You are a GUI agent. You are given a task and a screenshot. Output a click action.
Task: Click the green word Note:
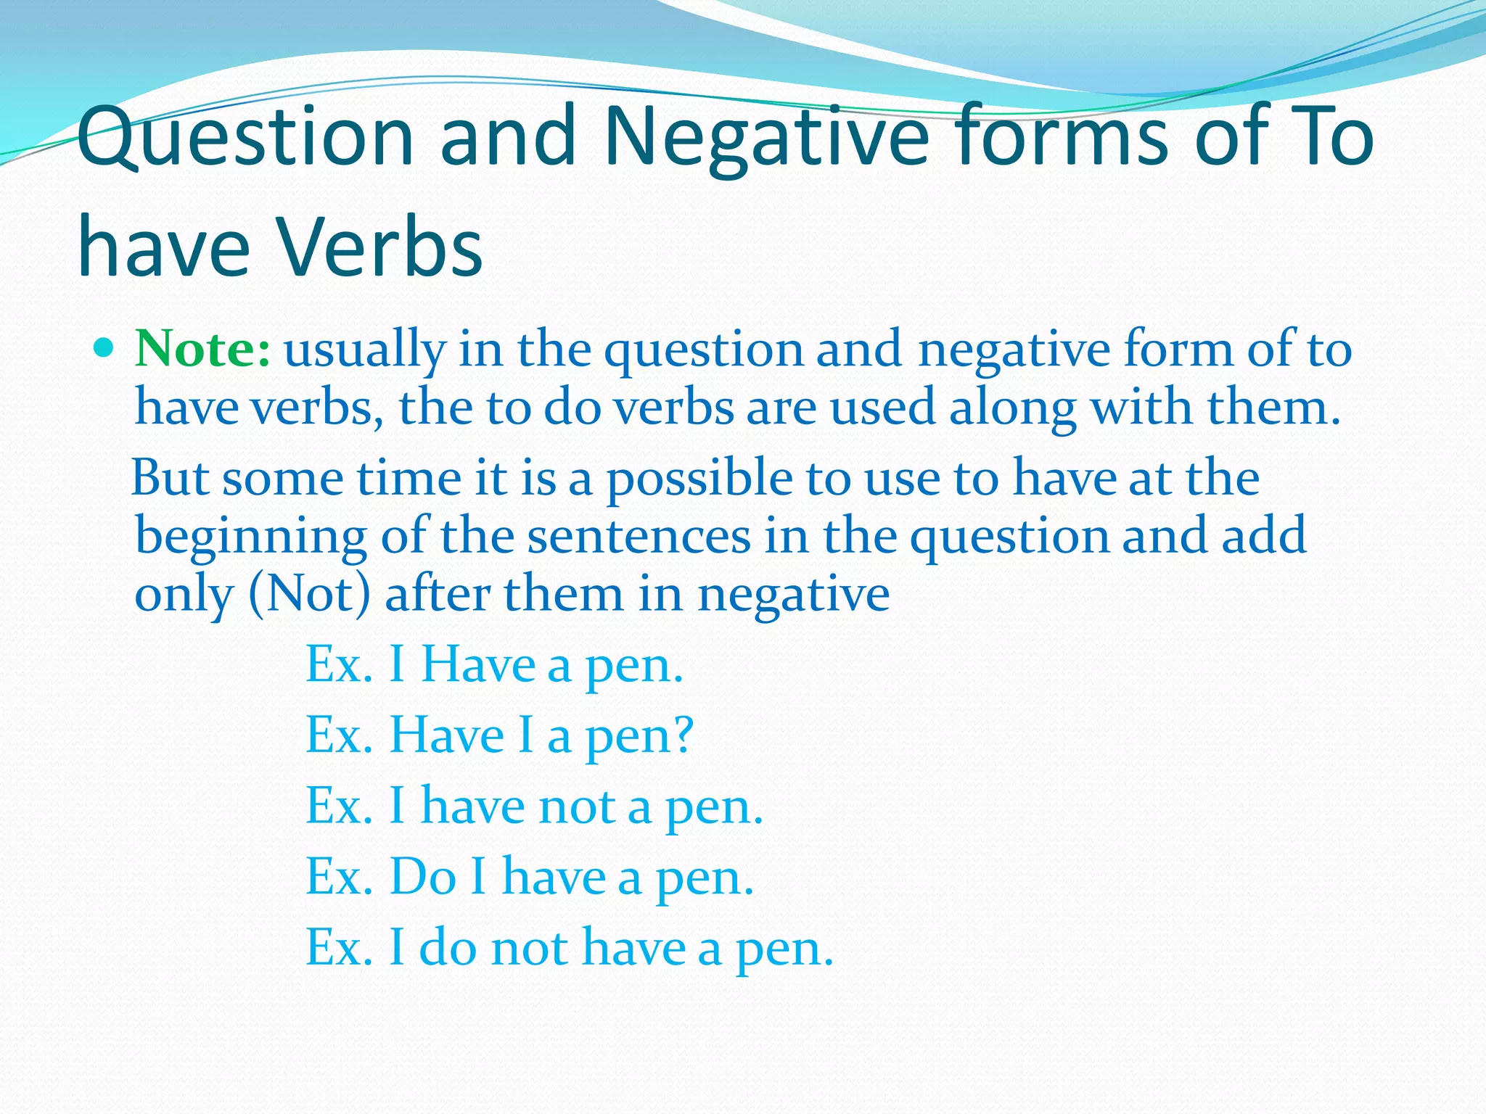[203, 350]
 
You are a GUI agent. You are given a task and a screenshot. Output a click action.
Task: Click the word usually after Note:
[364, 351]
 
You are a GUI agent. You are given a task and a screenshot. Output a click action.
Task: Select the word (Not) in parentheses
[310, 594]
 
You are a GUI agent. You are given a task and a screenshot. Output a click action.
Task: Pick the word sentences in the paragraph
[639, 537]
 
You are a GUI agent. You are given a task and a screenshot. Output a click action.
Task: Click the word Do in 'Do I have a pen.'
[423, 877]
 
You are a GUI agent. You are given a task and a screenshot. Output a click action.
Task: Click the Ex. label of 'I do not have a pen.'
[339, 947]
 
